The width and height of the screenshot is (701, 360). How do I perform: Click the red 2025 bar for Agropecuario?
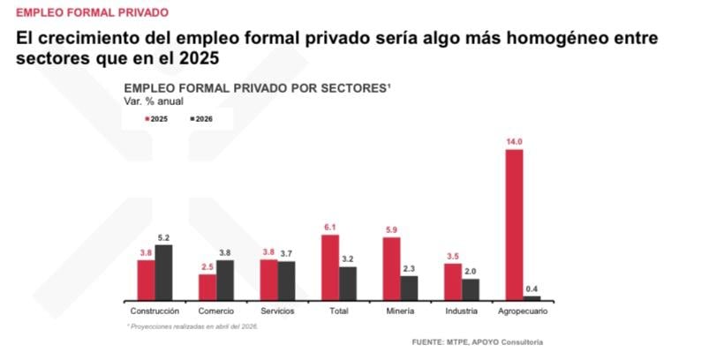514,225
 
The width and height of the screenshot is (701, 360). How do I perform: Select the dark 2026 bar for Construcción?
163,273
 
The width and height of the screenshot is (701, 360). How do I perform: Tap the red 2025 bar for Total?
330,267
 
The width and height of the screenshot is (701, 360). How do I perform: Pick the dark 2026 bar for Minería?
409,288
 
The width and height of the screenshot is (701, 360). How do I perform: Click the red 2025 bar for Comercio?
207,288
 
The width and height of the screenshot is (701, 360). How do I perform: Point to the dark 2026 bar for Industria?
471,289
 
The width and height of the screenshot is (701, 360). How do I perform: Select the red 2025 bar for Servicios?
268,280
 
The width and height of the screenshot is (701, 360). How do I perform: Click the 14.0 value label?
514,141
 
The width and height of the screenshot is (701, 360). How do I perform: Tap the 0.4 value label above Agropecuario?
532,288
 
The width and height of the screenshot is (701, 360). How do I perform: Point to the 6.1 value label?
330,227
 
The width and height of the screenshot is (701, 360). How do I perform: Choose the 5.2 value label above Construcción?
163,237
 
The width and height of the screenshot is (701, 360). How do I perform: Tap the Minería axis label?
400,311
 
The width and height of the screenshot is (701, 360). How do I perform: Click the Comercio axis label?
215,311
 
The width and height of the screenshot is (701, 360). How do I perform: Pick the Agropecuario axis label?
524,311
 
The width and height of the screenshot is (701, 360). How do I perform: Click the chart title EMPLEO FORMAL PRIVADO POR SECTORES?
257,88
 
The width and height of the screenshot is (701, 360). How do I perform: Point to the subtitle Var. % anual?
154,101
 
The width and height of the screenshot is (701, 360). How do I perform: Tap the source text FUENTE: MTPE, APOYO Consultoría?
477,341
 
